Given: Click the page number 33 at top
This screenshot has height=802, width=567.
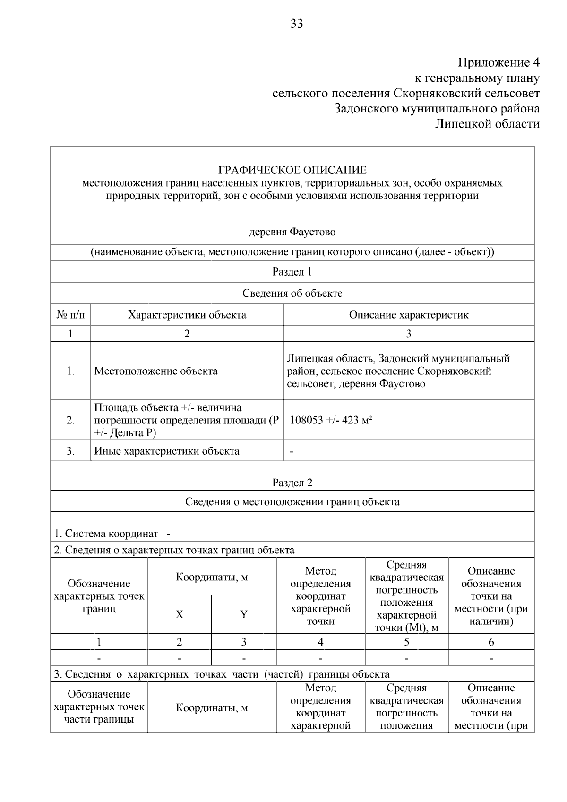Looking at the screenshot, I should click(x=296, y=24).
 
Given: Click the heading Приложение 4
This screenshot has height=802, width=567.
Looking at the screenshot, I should click(x=498, y=62).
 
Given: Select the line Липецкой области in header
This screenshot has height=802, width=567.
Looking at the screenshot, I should click(x=487, y=124).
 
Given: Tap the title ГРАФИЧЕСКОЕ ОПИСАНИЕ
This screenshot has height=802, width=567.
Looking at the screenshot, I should click(x=292, y=170).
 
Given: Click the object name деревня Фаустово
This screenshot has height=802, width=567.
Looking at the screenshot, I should click(x=292, y=232).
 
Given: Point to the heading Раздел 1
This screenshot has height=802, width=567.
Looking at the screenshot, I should click(x=292, y=272).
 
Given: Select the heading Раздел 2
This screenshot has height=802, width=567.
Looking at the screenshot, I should click(x=292, y=483).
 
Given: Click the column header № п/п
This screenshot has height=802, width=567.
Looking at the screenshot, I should click(x=70, y=315).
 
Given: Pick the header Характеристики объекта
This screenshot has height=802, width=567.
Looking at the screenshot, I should click(x=187, y=315).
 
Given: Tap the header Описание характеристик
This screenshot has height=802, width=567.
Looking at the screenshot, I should click(x=409, y=315).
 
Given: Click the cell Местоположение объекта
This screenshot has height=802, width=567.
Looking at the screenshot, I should click(x=156, y=371).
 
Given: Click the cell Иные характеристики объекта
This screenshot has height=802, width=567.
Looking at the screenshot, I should click(x=167, y=451).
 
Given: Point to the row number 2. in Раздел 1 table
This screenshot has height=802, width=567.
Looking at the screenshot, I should click(x=70, y=420).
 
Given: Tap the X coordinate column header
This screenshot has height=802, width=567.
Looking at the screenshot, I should click(x=179, y=614).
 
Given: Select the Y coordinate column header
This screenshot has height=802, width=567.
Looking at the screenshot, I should click(x=244, y=614).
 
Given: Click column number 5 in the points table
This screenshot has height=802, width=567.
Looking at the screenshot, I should click(x=406, y=642).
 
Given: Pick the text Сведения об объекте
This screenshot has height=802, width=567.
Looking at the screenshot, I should click(x=292, y=293).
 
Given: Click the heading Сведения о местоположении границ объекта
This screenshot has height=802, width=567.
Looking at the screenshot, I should click(x=292, y=502).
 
